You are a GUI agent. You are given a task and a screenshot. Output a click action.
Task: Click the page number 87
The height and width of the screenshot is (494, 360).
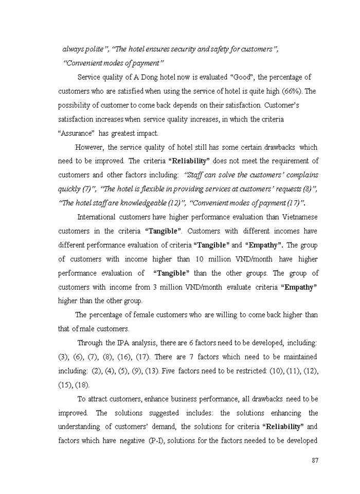(315, 460)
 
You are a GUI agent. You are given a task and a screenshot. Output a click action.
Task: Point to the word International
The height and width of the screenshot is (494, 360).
(97, 216)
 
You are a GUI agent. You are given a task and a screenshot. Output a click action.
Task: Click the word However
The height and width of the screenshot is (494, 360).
(90, 147)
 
